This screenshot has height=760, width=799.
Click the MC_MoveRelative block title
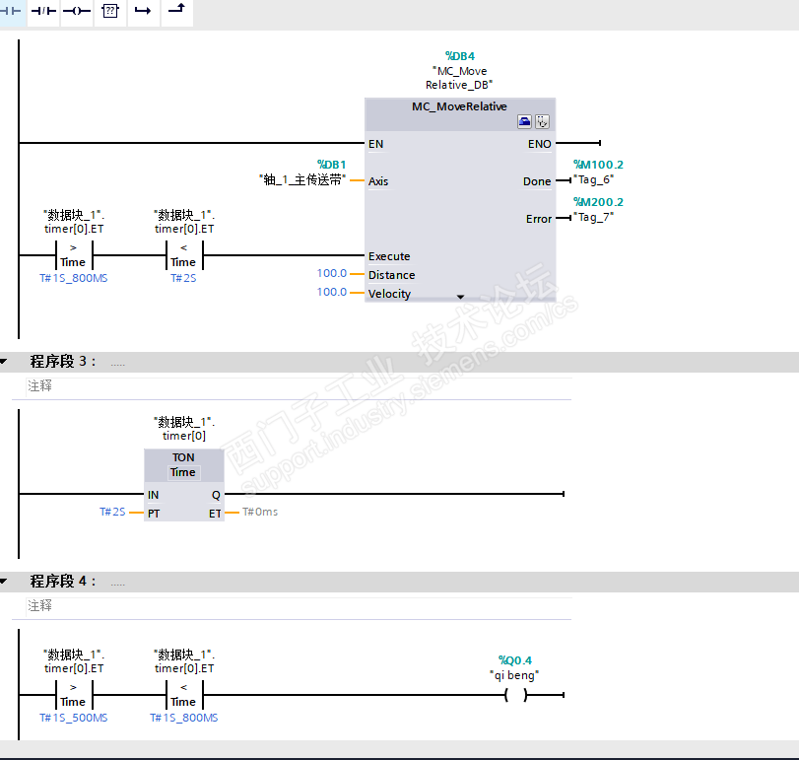coord(459,106)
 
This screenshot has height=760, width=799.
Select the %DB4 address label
coord(460,56)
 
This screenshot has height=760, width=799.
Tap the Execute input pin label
coord(389,256)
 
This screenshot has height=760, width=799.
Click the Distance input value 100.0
coord(331,274)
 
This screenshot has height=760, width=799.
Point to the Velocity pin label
coord(389,294)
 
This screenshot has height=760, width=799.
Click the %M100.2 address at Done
coord(598,165)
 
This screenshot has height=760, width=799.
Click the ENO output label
coord(539,144)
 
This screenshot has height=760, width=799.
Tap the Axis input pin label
coord(378,181)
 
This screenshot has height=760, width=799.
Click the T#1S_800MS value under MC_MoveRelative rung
coord(74,279)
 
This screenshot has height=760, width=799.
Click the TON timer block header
coord(183,457)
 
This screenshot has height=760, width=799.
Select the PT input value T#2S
coord(112,513)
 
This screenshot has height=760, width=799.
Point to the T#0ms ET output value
coord(260,513)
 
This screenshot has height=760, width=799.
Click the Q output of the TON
coord(216,495)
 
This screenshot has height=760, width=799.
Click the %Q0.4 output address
coord(515,660)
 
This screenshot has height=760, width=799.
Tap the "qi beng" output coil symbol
coord(515,695)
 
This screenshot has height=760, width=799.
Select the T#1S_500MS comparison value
coord(74,719)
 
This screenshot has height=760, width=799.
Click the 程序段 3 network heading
coord(63,362)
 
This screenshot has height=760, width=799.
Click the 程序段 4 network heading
coord(63,582)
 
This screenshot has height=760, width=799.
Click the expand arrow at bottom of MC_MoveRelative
coord(460,296)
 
